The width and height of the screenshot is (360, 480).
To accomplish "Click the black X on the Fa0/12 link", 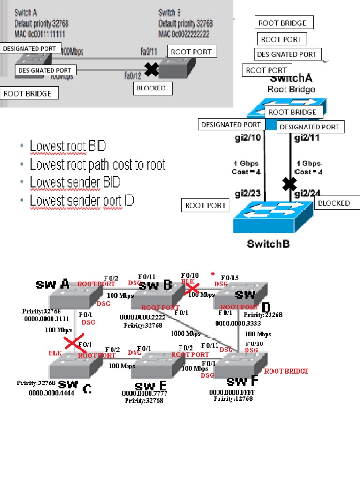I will pyautogui.click(x=151, y=70).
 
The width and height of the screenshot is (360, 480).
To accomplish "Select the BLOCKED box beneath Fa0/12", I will pyautogui.click(x=151, y=88).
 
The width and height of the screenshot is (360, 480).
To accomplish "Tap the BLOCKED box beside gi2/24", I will pyautogui.click(x=337, y=203).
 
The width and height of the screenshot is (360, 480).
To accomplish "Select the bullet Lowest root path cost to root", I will pyautogui.click(x=97, y=165).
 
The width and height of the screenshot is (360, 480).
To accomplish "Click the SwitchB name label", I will pyautogui.click(x=268, y=244).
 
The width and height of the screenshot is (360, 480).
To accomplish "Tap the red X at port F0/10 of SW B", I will pyautogui.click(x=193, y=288).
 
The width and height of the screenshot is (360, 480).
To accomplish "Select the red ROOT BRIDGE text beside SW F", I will pyautogui.click(x=286, y=371).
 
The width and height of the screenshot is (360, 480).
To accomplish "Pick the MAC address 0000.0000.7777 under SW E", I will pyautogui.click(x=144, y=394).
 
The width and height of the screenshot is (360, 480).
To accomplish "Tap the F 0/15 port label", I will pyautogui.click(x=230, y=277).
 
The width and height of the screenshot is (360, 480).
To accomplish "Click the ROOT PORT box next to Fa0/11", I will pyautogui.click(x=191, y=52).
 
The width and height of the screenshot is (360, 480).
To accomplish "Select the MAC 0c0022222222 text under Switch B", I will pyautogui.click(x=184, y=35).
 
